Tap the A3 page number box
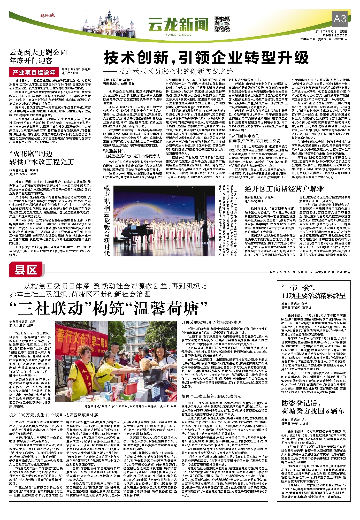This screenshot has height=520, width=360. (340, 19)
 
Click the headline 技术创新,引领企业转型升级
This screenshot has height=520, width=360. (206, 58)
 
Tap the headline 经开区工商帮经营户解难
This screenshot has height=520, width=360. (284, 189)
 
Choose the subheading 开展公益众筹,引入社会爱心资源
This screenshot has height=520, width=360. (211, 322)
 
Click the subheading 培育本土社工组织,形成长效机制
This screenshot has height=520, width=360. (211, 396)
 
